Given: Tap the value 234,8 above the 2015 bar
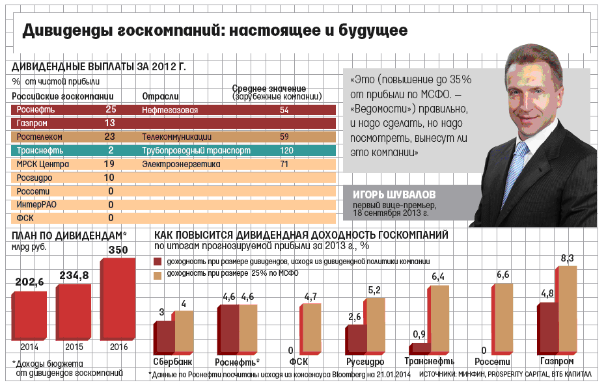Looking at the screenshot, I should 74,276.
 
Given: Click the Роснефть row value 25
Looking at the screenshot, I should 110,110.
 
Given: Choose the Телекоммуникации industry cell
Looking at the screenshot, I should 176,137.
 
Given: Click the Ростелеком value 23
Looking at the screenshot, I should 109,137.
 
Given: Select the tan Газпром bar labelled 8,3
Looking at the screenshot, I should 567,308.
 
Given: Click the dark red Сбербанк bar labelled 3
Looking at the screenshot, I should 165,336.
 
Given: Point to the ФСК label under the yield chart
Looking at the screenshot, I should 298,362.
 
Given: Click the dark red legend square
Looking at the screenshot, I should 158,261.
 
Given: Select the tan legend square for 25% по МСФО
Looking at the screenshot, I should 158,275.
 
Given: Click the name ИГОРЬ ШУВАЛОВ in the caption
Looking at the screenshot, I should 394,195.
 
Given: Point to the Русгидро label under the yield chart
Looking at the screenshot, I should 364,362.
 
